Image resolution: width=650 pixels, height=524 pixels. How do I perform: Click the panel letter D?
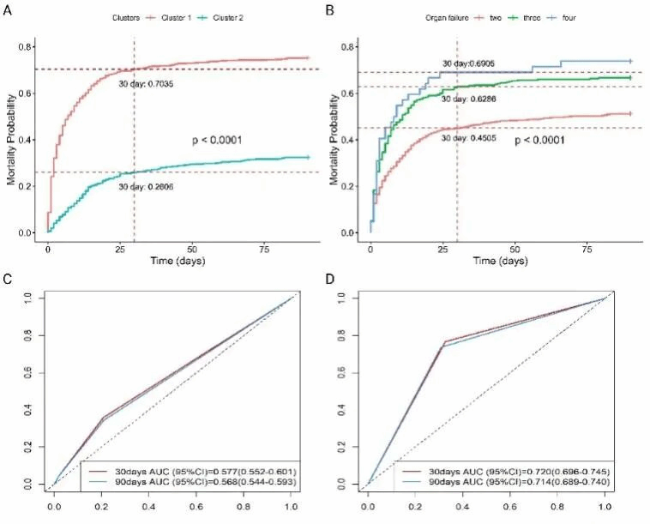(332, 280)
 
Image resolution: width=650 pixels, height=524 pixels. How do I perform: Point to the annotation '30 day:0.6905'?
(470, 63)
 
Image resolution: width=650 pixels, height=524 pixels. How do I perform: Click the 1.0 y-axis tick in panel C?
(29, 298)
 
